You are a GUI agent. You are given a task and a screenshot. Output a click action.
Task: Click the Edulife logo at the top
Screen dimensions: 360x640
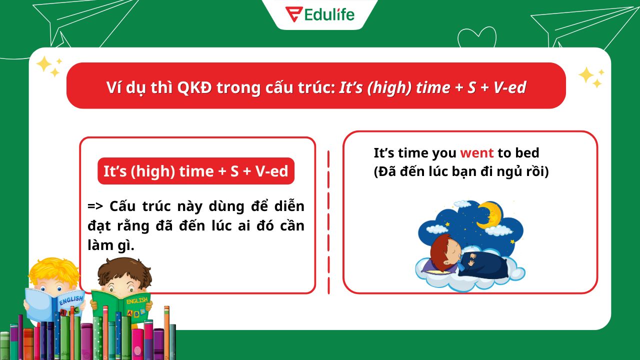pos(319,14)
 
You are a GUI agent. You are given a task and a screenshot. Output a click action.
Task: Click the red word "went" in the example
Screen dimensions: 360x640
pos(476,153)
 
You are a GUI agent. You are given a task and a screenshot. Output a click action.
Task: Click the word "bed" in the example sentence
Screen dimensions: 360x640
pos(527,153)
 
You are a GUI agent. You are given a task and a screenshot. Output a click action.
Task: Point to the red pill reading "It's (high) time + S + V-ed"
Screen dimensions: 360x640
pos(196,171)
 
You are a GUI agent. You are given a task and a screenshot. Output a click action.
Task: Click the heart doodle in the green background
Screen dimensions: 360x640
pos(477,37)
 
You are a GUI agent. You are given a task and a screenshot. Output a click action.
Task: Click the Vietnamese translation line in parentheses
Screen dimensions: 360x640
pos(461,172)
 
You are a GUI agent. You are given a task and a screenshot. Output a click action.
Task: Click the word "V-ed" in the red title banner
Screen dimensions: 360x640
pos(509,87)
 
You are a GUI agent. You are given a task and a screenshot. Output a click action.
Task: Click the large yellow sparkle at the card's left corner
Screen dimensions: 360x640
pos(45,64)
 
